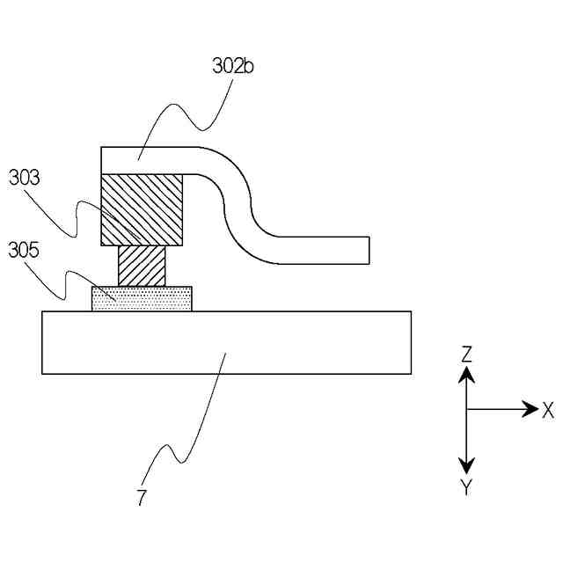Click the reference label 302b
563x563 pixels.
tap(233, 66)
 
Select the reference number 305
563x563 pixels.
tap(24, 250)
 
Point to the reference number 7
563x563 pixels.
tap(142, 497)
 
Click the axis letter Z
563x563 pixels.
tap(467, 355)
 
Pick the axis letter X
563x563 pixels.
tap(548, 409)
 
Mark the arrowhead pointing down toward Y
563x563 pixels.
tap(467, 464)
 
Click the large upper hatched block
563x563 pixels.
tap(143, 209)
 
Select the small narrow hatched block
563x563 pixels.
tap(142, 265)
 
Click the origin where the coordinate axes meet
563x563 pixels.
tap(467, 409)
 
